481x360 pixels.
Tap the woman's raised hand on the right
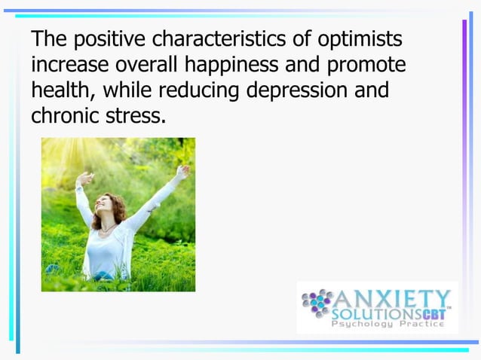pyautogui.click(x=182, y=172)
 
